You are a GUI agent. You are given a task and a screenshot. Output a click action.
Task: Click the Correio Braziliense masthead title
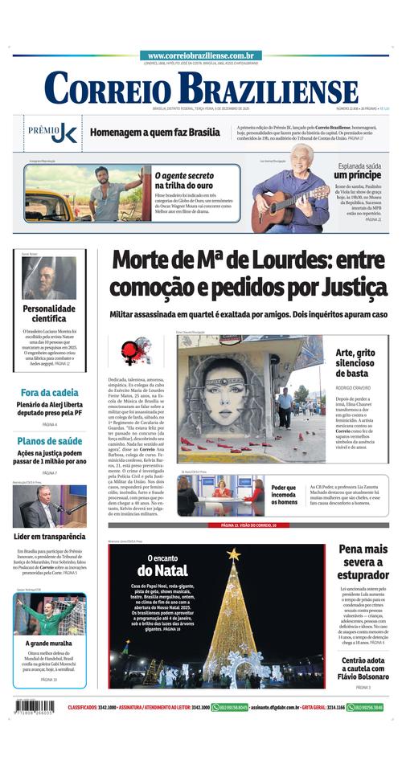(x=201, y=88)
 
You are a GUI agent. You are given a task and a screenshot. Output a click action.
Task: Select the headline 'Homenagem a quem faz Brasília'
(x=154, y=133)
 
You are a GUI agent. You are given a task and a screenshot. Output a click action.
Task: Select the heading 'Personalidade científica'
(x=49, y=313)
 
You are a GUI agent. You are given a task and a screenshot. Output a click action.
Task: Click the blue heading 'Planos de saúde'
(x=49, y=441)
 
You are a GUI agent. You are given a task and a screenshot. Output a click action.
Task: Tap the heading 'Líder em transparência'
(x=49, y=537)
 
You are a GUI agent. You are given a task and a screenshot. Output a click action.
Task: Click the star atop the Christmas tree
(x=234, y=554)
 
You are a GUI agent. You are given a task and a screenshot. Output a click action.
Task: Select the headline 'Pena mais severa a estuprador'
(x=363, y=562)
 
